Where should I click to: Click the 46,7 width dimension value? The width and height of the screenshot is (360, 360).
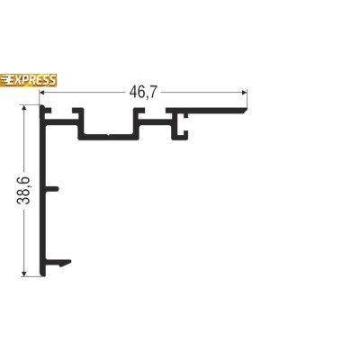coord(143,92)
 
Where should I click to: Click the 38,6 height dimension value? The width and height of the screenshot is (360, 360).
coord(23,191)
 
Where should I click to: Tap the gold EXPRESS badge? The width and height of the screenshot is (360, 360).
coord(28,80)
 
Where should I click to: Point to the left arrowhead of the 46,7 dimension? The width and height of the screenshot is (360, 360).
coord(42,92)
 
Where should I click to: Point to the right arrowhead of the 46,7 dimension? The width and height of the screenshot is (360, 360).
coord(244,92)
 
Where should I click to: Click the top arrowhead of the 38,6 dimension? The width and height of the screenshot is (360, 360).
coord(24,108)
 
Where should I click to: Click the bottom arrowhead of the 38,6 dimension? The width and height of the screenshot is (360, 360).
coord(24,274)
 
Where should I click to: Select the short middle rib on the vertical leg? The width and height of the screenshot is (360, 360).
coord(51,188)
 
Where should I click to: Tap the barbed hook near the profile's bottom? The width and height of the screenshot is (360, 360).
coord(58,262)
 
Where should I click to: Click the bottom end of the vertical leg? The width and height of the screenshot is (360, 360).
coord(42,275)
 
